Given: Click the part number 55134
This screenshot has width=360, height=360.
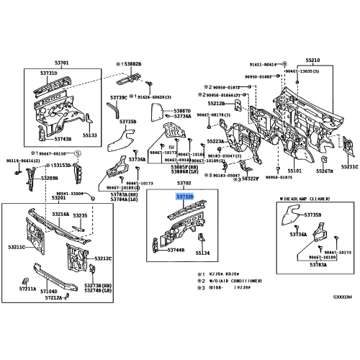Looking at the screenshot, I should click(203, 253).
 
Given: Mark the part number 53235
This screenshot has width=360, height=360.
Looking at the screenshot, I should click(80, 215).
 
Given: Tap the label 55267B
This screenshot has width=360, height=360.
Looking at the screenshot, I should click(325, 172).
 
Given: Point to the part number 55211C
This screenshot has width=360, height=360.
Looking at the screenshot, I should click(349, 166).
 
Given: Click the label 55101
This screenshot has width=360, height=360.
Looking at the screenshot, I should click(294, 172).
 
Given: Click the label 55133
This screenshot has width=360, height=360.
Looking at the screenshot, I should click(89, 135).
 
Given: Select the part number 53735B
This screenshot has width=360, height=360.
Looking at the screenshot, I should click(127, 122).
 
